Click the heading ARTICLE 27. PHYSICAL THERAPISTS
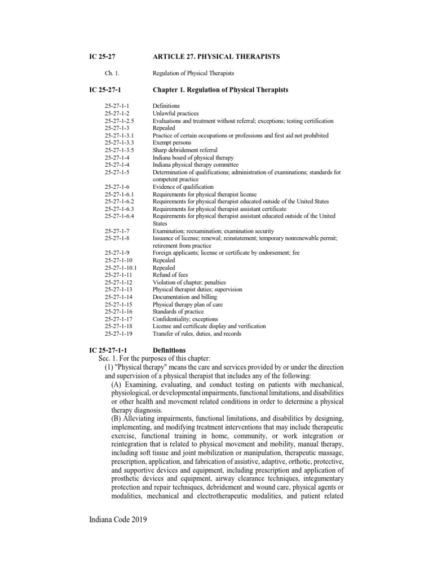tap(216, 57)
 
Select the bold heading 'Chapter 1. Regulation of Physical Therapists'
tap(220, 90)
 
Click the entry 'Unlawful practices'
tap(175, 113)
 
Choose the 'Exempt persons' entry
tap(172, 143)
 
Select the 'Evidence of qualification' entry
tap(183, 187)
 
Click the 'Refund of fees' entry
tap(171, 275)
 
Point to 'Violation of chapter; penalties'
tap(189, 282)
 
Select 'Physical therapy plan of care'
tap(188, 304)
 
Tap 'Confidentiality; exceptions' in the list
tap(185, 319)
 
